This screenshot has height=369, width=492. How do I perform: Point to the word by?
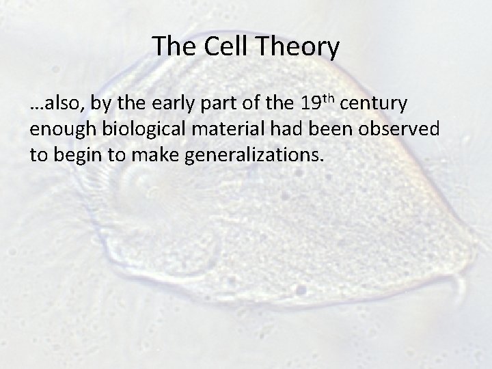pyautogui.click(x=102, y=105)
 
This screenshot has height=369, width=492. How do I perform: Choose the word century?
pyautogui.click(x=374, y=105)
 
